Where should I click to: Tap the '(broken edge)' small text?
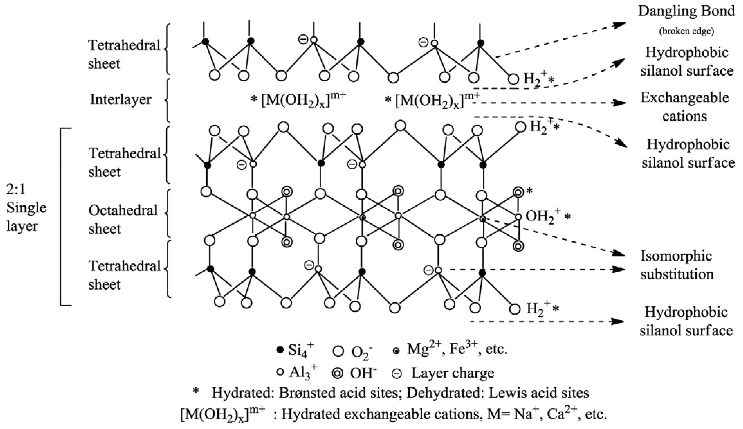point(686,31)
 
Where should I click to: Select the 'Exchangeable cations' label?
point(685,107)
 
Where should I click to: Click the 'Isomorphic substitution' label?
point(677,265)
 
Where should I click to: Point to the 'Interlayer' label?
point(120,100)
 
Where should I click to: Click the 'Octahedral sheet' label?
point(123,219)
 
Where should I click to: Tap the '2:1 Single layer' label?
point(26,208)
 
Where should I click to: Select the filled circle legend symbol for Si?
point(280,350)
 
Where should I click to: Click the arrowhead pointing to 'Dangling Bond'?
point(621,24)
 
